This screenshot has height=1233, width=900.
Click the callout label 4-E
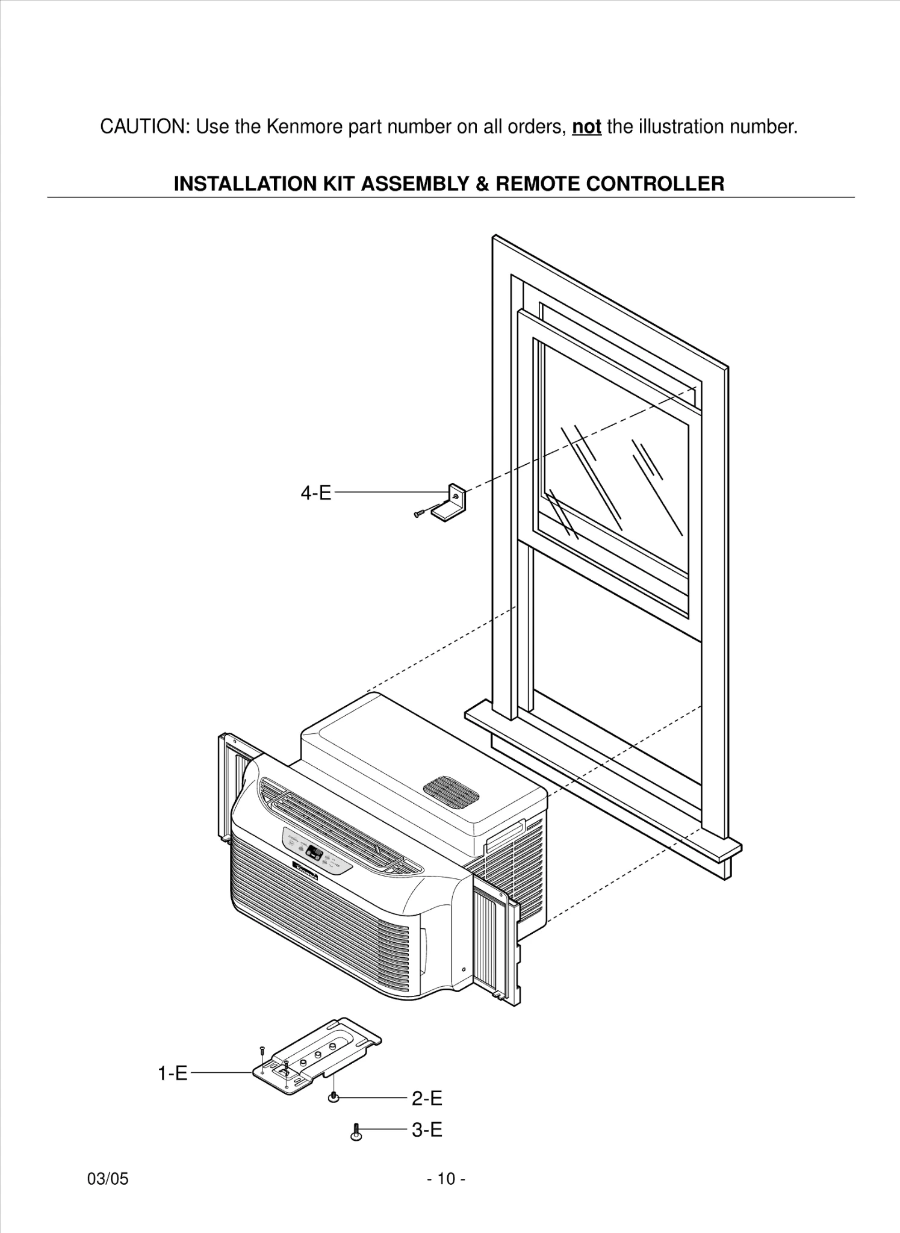[316, 493]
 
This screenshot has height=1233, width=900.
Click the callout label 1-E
[173, 1073]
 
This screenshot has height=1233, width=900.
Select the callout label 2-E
[427, 1099]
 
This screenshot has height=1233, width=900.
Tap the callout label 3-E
[427, 1130]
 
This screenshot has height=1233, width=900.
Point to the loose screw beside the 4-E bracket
[420, 513]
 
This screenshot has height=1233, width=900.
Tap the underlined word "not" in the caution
[586, 127]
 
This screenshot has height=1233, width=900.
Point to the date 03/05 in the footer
[108, 1179]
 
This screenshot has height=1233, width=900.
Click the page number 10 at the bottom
[446, 1179]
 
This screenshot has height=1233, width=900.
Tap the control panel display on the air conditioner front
[314, 853]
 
